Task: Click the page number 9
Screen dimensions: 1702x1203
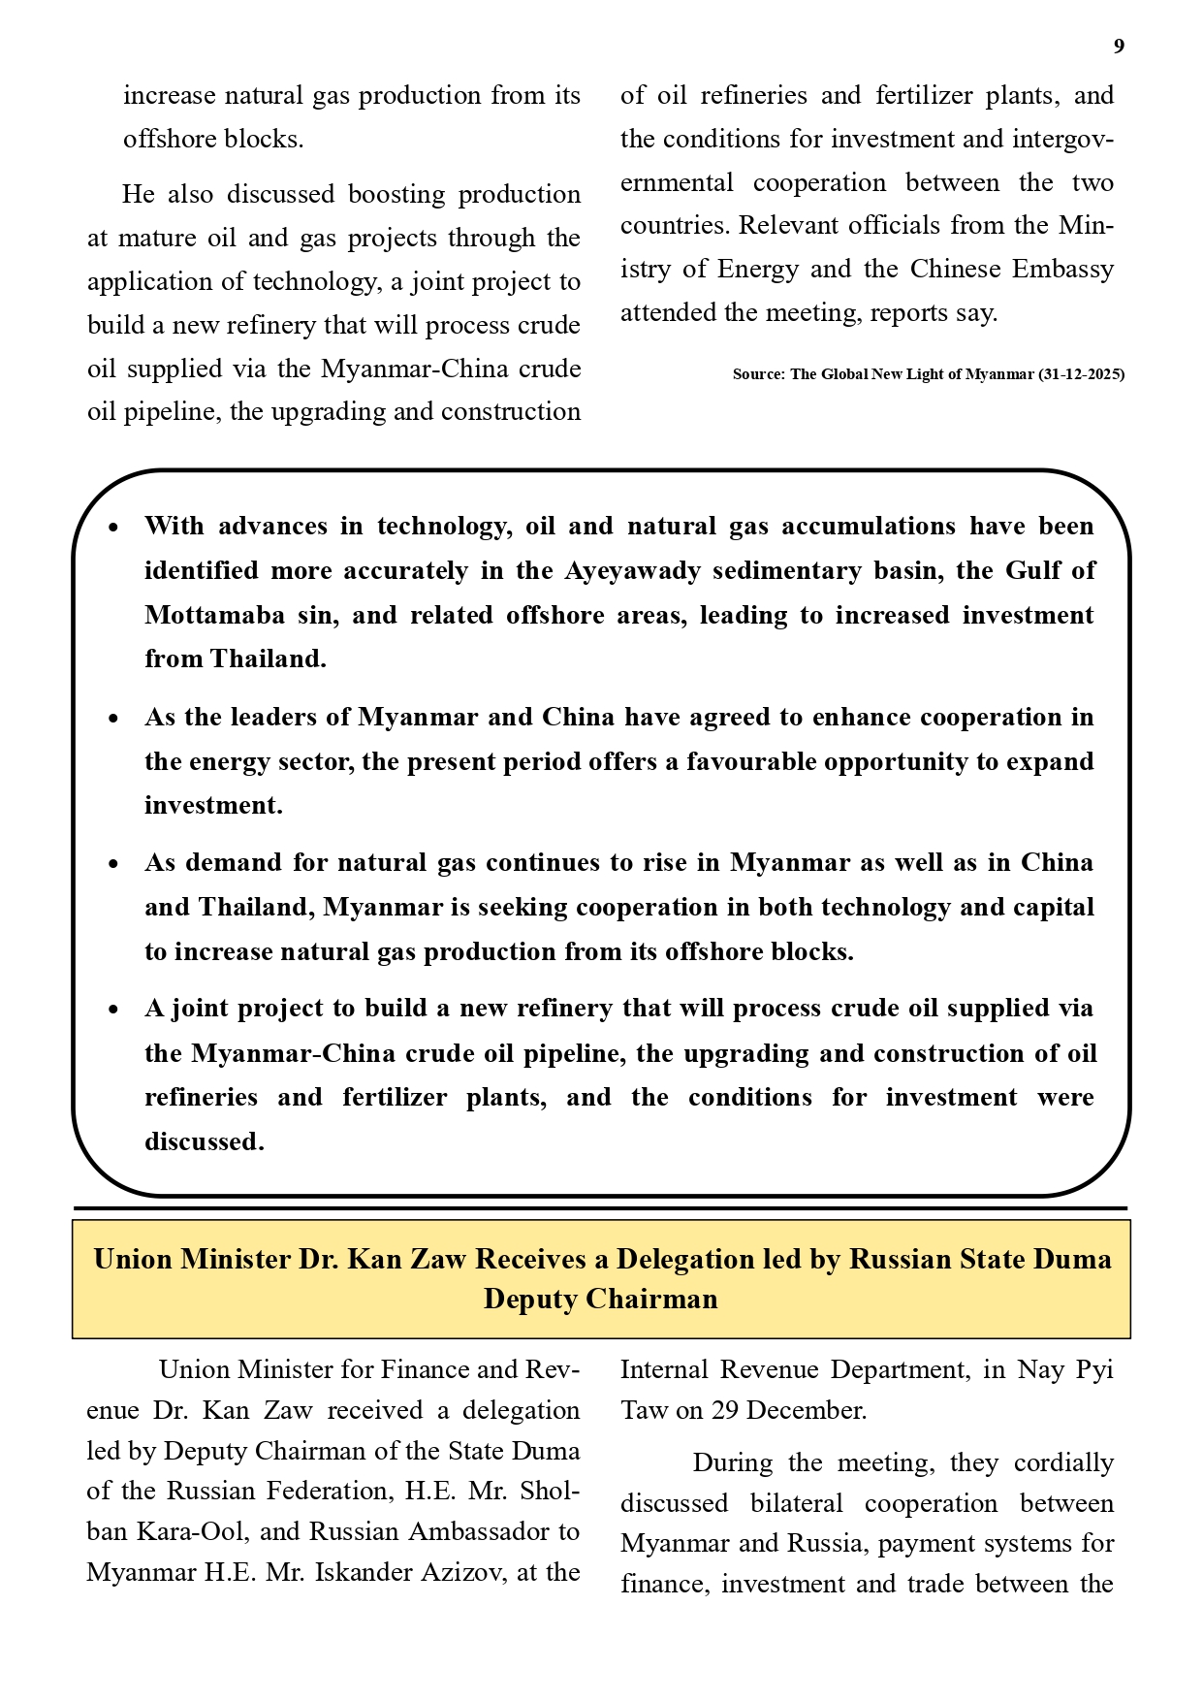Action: click(x=1119, y=47)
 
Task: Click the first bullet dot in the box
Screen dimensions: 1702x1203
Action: click(x=113, y=528)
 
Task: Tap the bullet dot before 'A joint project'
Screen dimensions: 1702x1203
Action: click(x=113, y=1010)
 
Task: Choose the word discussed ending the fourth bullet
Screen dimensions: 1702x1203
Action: click(x=204, y=1141)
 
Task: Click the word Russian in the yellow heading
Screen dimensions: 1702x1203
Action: click(x=901, y=1259)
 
